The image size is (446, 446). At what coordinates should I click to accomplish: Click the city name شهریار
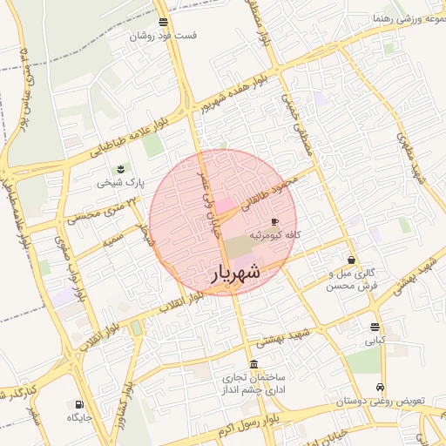click(x=236, y=273)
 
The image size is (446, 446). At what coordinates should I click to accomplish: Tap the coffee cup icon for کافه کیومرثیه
click(x=276, y=222)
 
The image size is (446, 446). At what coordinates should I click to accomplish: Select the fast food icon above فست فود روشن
click(x=164, y=23)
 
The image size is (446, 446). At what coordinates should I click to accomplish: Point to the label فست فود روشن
click(x=163, y=37)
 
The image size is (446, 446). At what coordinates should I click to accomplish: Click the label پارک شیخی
click(x=120, y=183)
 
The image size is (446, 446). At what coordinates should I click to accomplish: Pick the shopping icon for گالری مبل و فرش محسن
click(x=351, y=260)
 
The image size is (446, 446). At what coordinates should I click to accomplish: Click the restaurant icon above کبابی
click(x=375, y=328)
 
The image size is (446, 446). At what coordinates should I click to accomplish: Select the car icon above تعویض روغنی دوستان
click(x=379, y=388)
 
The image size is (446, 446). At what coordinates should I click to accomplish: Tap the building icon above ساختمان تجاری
click(x=253, y=364)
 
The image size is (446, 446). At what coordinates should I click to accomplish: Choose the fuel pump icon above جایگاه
click(x=80, y=404)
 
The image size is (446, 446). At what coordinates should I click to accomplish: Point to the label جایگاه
click(x=80, y=418)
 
